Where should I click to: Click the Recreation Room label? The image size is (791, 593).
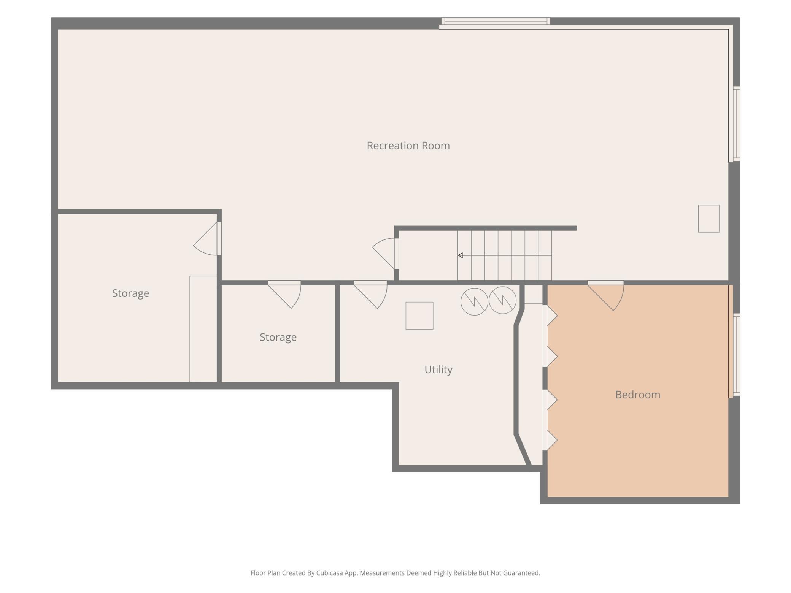pos(408,146)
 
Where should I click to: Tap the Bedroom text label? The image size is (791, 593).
pos(637,395)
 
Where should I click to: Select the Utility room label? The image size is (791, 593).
pos(438,370)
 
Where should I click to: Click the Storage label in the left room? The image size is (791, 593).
pos(130,293)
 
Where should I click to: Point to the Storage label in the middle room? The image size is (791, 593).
pos(278,338)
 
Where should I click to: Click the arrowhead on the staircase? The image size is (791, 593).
pos(460,255)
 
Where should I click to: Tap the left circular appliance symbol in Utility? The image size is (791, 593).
pos(474,301)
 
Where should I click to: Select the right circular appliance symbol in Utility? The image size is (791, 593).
pos(502,300)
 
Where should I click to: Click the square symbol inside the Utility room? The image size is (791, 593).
pos(419,316)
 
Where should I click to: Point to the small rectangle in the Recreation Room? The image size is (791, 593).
pos(708,219)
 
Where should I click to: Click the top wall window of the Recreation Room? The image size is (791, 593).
pos(496,21)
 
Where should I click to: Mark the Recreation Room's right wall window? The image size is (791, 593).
pos(736,124)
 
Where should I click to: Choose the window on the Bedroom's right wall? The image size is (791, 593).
pos(736,355)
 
